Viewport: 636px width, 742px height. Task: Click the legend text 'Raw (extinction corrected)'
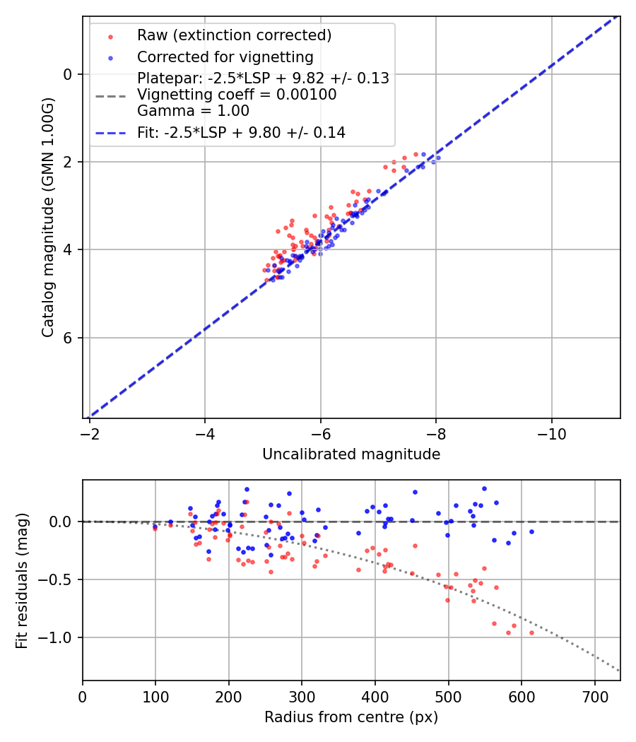coord(234,35)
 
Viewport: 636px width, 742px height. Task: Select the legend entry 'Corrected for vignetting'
coord(225,57)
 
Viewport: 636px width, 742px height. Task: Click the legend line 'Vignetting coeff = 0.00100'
coord(237,95)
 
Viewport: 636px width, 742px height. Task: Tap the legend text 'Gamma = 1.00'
coord(193,110)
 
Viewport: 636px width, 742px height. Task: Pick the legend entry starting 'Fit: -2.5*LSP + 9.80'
coord(241,132)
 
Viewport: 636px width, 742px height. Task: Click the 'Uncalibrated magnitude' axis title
coord(351,454)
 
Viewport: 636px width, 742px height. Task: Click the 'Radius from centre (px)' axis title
coord(351,717)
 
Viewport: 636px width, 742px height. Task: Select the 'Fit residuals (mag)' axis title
coord(23,580)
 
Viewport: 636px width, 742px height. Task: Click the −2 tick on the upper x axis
coord(90,433)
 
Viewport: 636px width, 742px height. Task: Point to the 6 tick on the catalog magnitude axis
coord(68,338)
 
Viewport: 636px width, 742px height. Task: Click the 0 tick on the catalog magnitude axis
coord(68,74)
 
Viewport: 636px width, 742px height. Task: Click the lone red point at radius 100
coord(155,528)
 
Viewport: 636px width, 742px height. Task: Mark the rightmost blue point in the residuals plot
coord(531,531)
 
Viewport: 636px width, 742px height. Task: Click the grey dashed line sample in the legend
coord(110,95)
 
